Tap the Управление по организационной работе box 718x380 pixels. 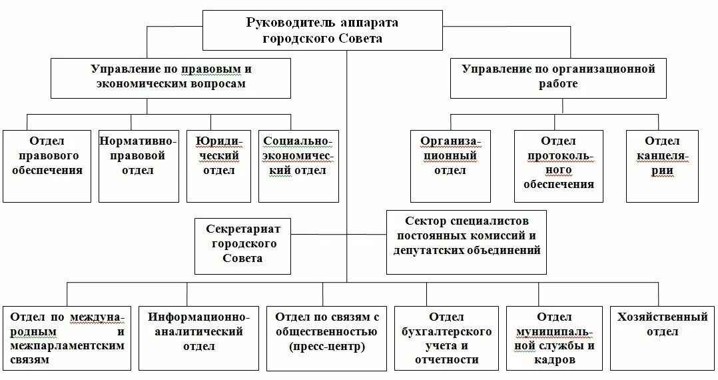coord(558,77)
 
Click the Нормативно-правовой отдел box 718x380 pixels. coord(139,165)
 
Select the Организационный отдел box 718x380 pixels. coord(450,165)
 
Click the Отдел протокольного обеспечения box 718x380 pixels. coord(558,165)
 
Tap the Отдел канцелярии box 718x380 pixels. coord(661,165)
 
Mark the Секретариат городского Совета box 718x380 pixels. coord(243,245)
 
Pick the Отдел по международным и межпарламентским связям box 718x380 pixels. coord(67,337)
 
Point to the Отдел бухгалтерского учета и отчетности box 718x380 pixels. coord(446,337)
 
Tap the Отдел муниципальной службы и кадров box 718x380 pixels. coord(554,337)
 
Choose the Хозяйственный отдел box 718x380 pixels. coord(661,337)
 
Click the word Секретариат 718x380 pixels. coord(243,229)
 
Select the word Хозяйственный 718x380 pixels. coord(661,317)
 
